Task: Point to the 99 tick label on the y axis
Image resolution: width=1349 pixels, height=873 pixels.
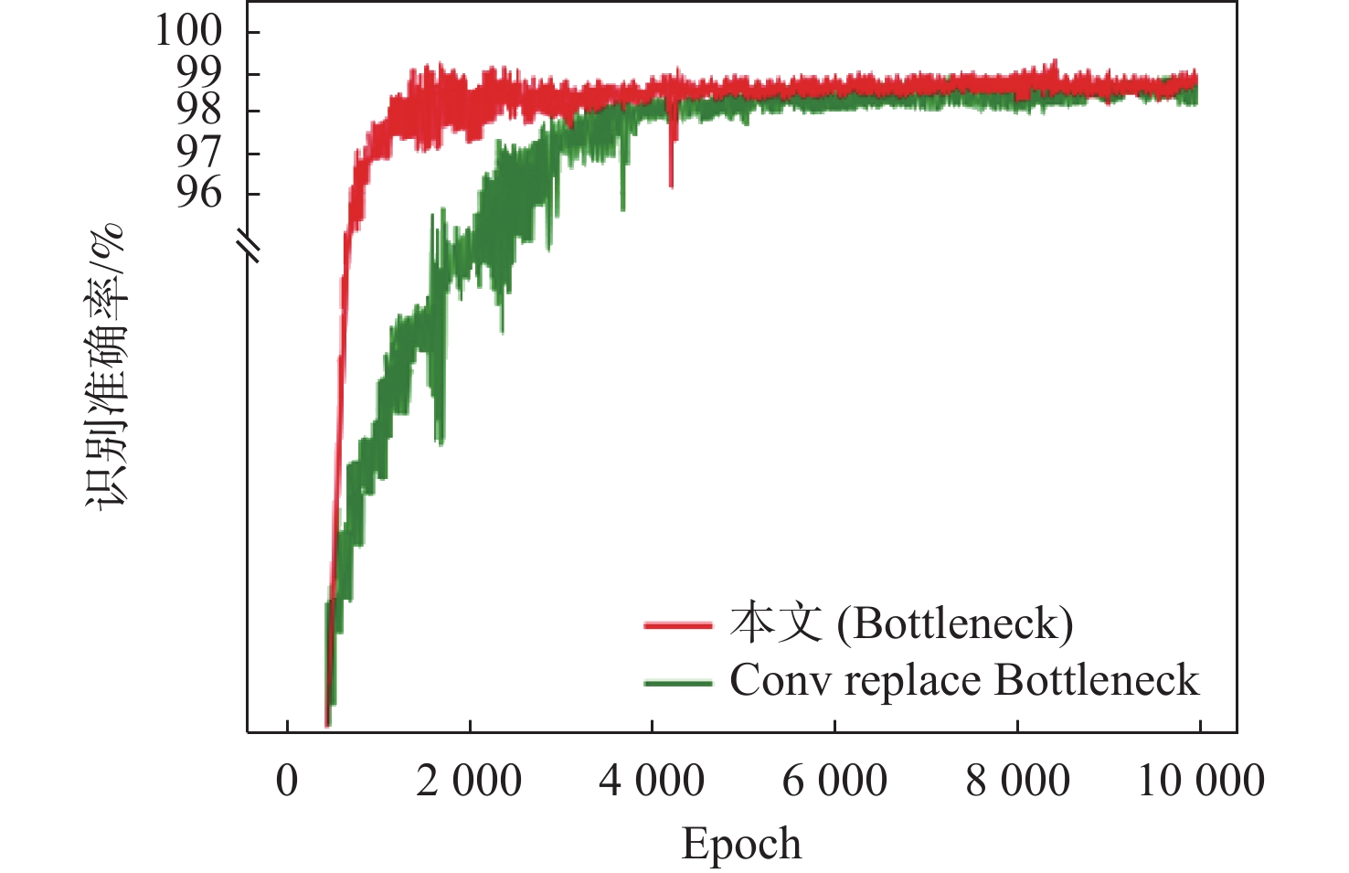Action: tap(199, 72)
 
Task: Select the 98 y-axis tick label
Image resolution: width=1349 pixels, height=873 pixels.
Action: tap(199, 111)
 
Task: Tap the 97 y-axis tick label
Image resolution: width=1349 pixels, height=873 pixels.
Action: tap(199, 152)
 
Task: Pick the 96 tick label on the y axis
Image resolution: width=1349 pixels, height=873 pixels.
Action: tap(199, 192)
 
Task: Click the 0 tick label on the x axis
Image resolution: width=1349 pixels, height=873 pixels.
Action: tap(287, 782)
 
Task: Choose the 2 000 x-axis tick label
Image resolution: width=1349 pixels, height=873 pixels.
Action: tap(469, 782)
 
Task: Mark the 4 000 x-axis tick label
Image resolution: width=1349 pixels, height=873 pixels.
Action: tap(652, 782)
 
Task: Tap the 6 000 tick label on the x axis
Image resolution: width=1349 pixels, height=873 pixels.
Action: tap(834, 782)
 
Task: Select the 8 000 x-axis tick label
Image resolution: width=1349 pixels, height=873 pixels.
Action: tap(1017, 782)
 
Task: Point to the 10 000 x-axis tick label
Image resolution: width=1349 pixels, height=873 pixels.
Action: tap(1200, 782)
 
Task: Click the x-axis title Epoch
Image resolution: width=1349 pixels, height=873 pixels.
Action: tap(741, 844)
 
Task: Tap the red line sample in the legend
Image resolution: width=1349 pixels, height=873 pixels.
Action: tap(677, 625)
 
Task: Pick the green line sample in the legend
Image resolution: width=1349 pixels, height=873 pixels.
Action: tap(677, 682)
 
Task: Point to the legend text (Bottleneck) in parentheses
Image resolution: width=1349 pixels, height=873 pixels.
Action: tap(955, 624)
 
